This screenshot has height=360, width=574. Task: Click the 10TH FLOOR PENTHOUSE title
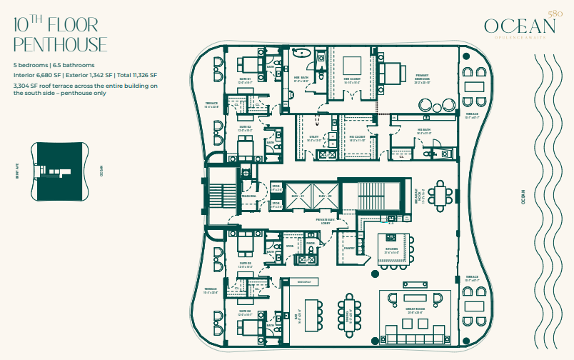coord(60,34)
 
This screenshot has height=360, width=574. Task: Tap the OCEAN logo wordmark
coord(520,26)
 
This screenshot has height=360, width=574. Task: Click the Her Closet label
coord(351,80)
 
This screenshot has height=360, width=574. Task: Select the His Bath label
coord(424,131)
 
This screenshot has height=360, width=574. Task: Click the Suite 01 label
coord(244,80)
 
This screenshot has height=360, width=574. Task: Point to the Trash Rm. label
coord(248,196)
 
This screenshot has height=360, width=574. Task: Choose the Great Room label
coord(416,311)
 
